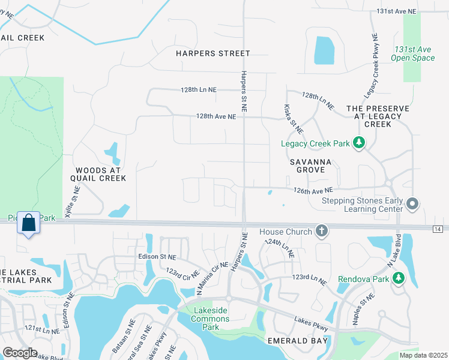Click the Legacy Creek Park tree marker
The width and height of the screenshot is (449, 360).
pyautogui.click(x=359, y=143)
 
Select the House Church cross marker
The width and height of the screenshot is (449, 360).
pyautogui.click(x=322, y=231)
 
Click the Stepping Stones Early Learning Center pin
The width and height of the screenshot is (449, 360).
pyautogui.click(x=412, y=205)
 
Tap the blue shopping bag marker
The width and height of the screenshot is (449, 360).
pyautogui.click(x=28, y=223)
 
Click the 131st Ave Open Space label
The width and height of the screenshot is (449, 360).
pyautogui.click(x=412, y=53)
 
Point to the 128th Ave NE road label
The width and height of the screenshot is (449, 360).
pyautogui.click(x=215, y=117)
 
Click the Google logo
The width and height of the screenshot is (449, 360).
pyautogui.click(x=20, y=353)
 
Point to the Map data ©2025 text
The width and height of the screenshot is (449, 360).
pyautogui.click(x=423, y=355)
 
